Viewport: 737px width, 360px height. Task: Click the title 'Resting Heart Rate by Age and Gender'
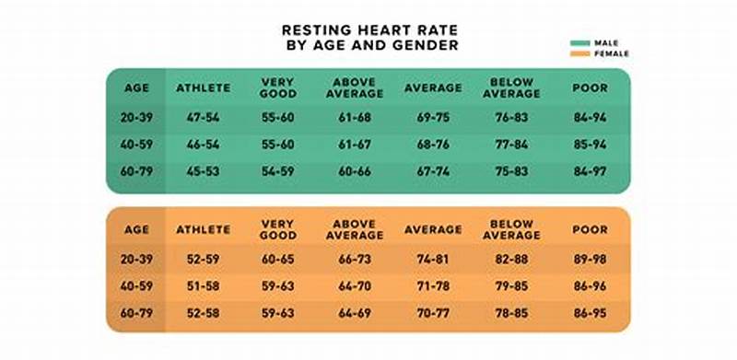370,38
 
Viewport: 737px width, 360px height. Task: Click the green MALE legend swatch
579,42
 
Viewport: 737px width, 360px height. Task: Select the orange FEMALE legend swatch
579,53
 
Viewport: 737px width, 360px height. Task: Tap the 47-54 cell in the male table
203,118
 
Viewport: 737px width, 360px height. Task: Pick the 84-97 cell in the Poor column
591,170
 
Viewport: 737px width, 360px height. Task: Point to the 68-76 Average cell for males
432,145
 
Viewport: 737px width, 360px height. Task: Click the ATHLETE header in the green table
203,87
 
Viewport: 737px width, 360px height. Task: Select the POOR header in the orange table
591,229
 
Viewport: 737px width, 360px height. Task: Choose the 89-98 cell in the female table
591,261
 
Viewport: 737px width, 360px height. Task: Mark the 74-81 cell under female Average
432,261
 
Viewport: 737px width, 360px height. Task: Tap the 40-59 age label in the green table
135,145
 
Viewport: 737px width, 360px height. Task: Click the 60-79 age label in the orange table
135,314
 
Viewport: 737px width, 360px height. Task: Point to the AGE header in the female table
135,229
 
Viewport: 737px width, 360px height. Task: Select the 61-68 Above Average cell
354,118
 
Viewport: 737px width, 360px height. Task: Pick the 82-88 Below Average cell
511,261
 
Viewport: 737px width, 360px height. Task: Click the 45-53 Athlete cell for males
203,170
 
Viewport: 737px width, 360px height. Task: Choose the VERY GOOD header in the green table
277,87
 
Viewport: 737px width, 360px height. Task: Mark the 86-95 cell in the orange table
591,314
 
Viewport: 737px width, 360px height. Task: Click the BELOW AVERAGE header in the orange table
511,229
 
